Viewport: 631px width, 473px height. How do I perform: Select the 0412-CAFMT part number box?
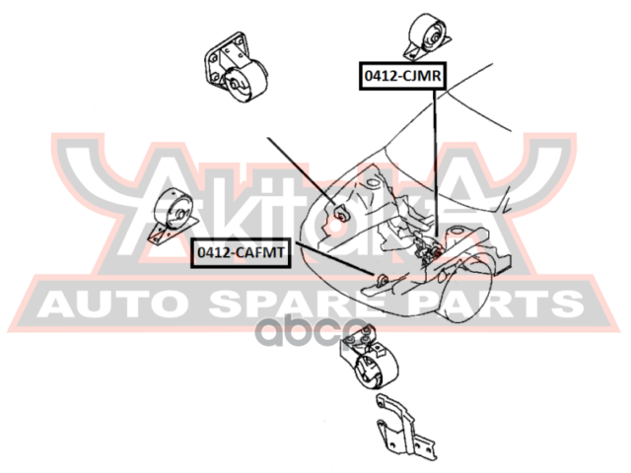pos(241,253)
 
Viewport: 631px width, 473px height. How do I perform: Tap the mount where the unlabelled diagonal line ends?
pos(337,211)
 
